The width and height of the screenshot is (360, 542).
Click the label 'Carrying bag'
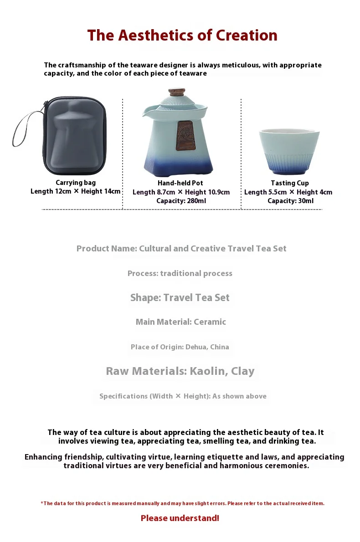coord(76,183)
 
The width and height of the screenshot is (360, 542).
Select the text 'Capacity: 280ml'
coord(181,200)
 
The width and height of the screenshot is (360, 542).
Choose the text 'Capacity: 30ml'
coord(290,200)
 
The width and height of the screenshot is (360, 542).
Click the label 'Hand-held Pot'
coord(180,183)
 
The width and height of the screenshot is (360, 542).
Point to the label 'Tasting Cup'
coord(290,183)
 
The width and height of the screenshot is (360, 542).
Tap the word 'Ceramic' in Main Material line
coord(210,322)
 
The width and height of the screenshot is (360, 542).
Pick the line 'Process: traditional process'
coord(180,273)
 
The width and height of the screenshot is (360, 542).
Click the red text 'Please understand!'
coord(180,518)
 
